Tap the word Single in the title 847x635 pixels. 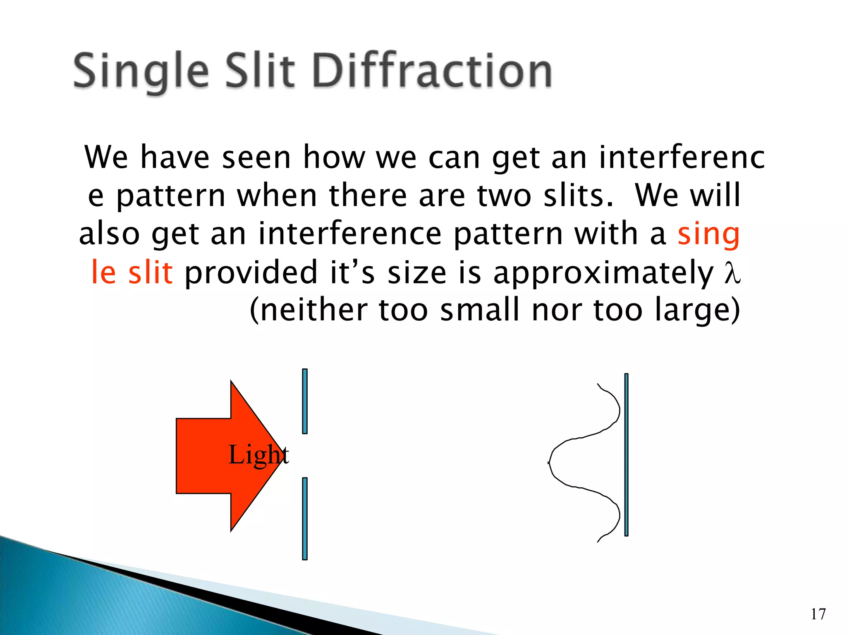pos(141,71)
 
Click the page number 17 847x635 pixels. pos(818,614)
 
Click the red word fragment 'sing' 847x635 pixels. pos(708,234)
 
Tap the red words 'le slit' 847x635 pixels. pos(132,272)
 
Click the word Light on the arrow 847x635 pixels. pos(258,455)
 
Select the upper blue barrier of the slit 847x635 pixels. pos(305,401)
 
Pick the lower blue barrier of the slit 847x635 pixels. pos(305,518)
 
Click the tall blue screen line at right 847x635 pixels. pos(626,455)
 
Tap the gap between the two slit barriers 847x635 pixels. pos(305,456)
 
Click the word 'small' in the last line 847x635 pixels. pos(480,310)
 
